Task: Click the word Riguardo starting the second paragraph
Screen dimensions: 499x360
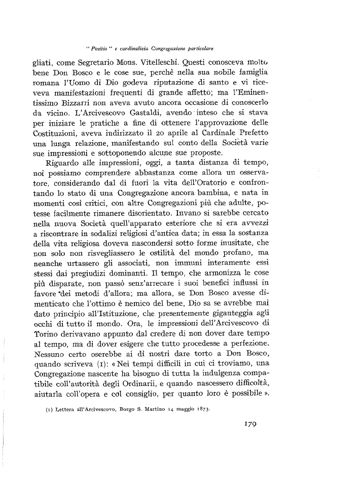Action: click(x=59, y=164)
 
